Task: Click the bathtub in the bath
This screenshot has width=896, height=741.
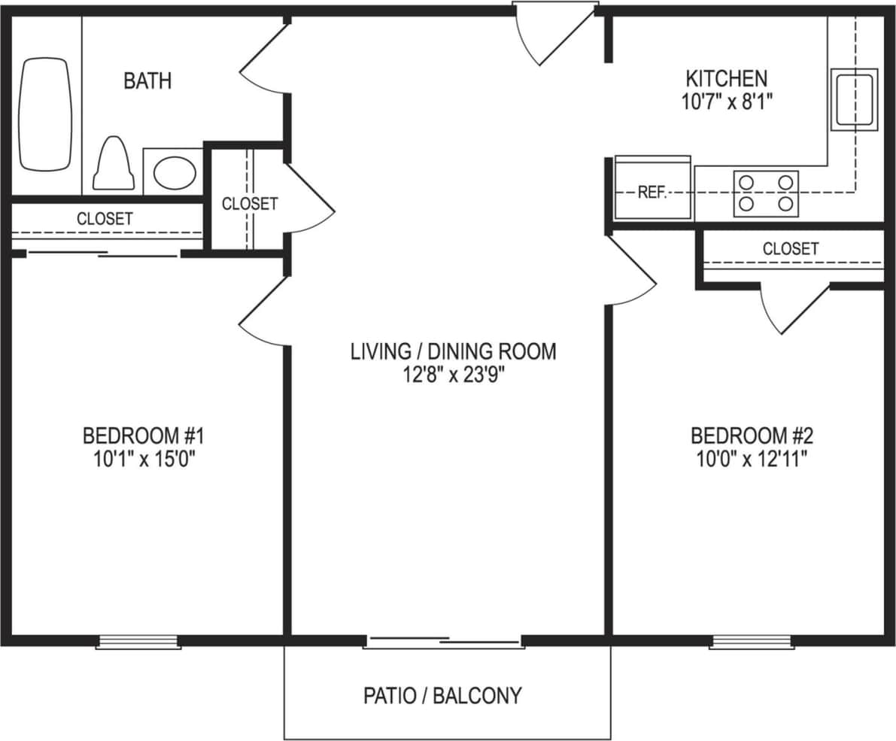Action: pyautogui.click(x=45, y=114)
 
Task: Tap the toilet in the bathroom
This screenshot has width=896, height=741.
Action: pyautogui.click(x=114, y=164)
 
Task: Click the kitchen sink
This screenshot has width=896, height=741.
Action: pyautogui.click(x=854, y=99)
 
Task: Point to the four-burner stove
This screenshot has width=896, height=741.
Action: pyautogui.click(x=766, y=193)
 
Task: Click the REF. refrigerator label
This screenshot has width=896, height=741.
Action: pyautogui.click(x=652, y=193)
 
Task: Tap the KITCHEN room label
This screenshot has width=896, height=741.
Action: pyautogui.click(x=726, y=77)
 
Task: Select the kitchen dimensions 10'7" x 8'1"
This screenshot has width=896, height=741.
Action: pyautogui.click(x=726, y=102)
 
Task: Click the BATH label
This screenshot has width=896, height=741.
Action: pyautogui.click(x=147, y=80)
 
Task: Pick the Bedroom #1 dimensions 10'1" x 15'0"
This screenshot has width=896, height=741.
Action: pyautogui.click(x=144, y=459)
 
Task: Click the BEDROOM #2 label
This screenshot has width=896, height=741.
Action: pyautogui.click(x=752, y=436)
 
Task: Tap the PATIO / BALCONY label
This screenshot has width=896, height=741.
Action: pyautogui.click(x=442, y=695)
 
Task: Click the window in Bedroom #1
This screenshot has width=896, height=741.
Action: pyautogui.click(x=138, y=642)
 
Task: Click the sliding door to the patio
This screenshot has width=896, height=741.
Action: pyautogui.click(x=444, y=642)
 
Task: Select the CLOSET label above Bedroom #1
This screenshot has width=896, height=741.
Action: pyautogui.click(x=105, y=219)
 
